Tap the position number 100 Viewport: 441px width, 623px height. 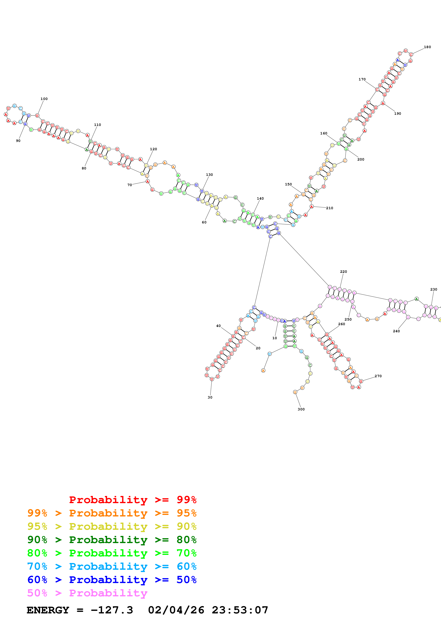coord(44,99)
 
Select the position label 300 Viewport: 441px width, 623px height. coord(301,409)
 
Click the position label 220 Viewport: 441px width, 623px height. coord(344,272)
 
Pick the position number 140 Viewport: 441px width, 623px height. coord(260,198)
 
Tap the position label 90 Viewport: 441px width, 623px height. coord(18,140)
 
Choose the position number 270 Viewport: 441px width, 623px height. coord(378,376)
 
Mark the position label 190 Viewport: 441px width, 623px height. coord(398,113)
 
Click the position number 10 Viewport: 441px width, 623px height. coord(275,338)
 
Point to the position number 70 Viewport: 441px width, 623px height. coord(130,185)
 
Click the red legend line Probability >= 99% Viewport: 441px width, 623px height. coord(133,500)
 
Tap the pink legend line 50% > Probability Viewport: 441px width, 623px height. coord(87,593)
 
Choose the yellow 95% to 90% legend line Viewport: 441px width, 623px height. coord(112,526)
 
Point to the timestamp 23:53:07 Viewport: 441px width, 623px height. coord(240,610)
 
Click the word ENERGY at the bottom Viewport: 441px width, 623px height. coord(48,610)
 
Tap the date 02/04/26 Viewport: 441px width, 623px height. coord(176,610)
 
